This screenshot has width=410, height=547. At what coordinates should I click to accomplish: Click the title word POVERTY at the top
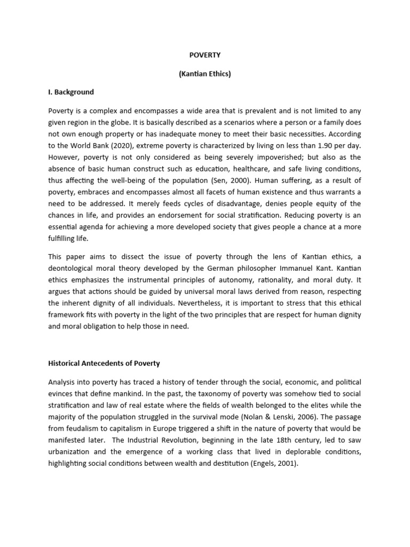[204, 54]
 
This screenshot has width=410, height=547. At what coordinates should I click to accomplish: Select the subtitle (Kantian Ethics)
[204, 74]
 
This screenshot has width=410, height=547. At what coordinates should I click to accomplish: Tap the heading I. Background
[71, 92]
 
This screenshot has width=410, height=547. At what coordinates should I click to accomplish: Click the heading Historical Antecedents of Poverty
[104, 363]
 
